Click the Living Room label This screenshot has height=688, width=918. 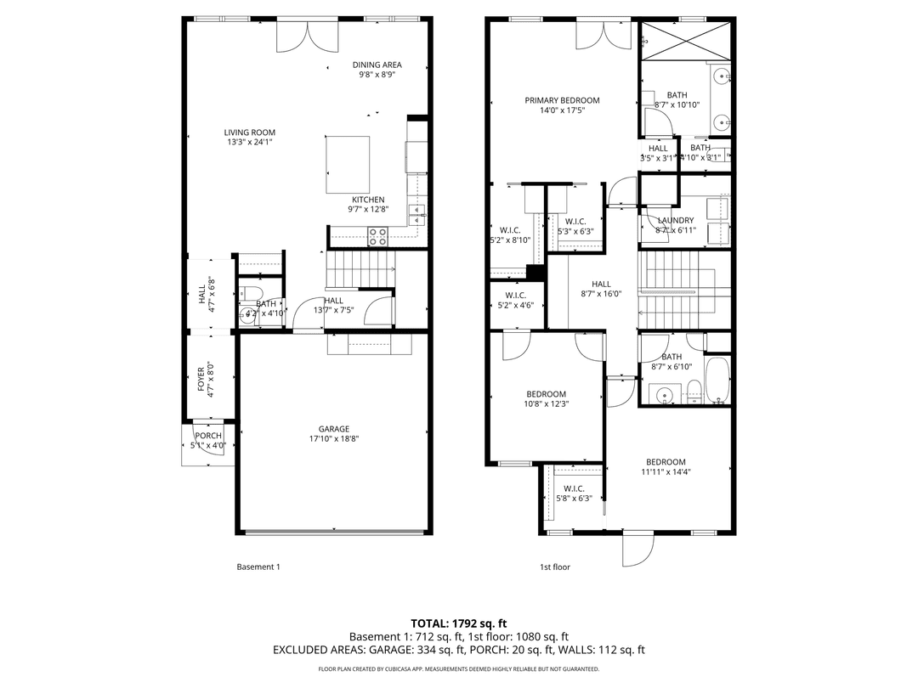(249, 133)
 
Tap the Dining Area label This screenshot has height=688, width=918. (377, 65)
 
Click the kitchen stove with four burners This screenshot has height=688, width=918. (377, 236)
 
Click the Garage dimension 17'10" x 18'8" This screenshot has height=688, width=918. (334, 439)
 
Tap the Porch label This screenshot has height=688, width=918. (208, 436)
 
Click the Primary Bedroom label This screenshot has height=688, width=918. (562, 100)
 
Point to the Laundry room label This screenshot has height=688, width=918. (676, 221)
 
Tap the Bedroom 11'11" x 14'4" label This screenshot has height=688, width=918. (665, 462)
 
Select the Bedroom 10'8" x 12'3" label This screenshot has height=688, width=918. (546, 394)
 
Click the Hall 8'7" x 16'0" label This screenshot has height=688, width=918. (601, 285)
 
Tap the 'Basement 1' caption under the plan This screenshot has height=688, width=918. (258, 567)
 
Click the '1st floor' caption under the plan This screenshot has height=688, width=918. (555, 567)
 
